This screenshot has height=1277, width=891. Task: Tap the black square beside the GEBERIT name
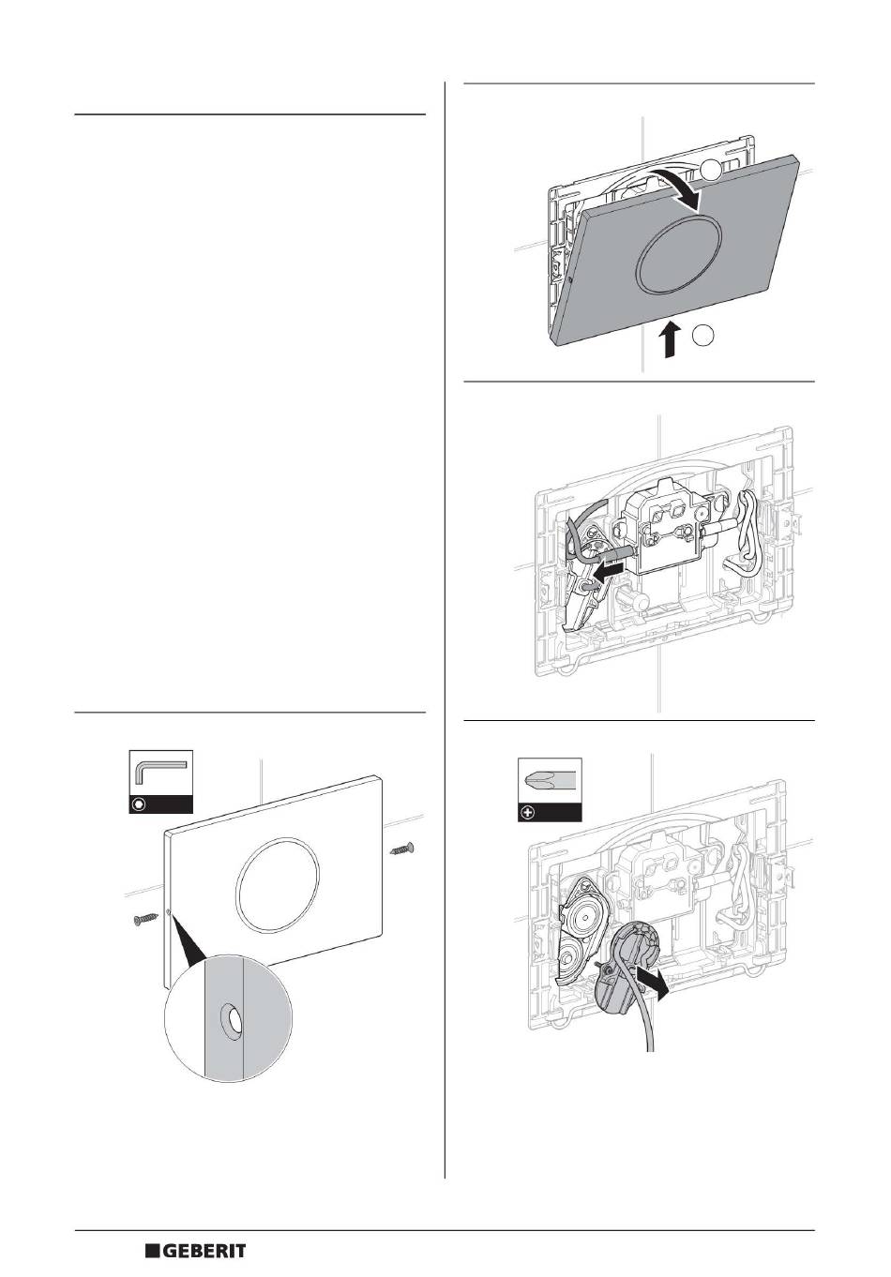[x=153, y=1252]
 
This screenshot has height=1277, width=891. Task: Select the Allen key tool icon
[x=160, y=774]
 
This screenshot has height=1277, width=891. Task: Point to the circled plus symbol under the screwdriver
[x=528, y=812]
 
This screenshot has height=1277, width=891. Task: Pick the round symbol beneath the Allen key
[x=140, y=804]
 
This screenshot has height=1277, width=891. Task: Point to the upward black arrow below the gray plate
[x=669, y=339]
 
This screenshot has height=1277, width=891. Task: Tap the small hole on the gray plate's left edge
[x=571, y=278]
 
